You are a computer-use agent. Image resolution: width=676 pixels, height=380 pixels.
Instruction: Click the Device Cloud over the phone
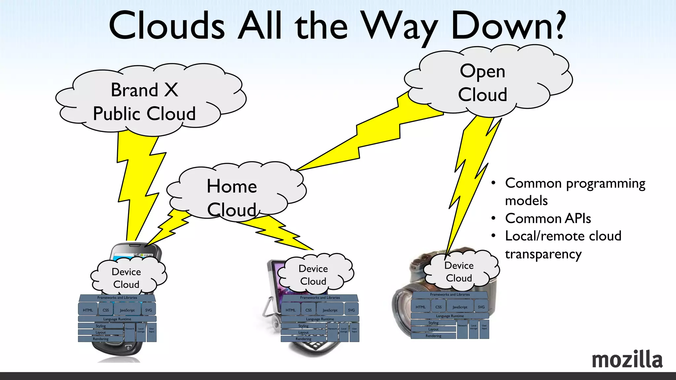click(127, 278)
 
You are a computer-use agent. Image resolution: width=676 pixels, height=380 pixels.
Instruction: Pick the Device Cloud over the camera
click(459, 271)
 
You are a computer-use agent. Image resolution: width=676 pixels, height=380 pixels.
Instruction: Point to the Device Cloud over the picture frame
click(314, 275)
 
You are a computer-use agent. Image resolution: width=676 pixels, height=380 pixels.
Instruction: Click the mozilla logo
click(627, 359)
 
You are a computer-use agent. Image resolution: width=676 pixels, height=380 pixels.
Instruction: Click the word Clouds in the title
click(167, 26)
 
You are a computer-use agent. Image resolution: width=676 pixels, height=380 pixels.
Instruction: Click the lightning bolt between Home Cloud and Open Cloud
click(370, 139)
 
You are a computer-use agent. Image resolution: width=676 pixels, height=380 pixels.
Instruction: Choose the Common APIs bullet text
click(548, 218)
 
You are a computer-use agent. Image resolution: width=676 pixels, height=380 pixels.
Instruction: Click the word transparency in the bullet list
click(543, 254)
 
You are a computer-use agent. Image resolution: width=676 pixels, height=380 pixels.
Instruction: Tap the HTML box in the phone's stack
click(88, 310)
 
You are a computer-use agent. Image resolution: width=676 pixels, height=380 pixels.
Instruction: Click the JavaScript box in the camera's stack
click(460, 307)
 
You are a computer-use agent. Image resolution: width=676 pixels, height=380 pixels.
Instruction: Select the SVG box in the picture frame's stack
click(351, 310)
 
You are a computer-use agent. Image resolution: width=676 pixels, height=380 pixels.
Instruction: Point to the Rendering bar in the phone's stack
click(101, 339)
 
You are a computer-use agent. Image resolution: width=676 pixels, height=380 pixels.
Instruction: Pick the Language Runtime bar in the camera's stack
click(450, 316)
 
